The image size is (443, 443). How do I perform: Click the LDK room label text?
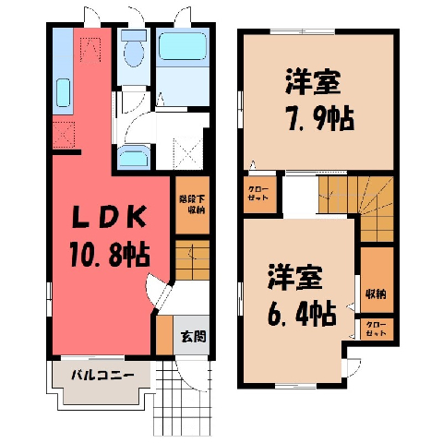pyautogui.click(x=109, y=217)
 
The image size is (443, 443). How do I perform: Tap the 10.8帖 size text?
pyautogui.click(x=110, y=255)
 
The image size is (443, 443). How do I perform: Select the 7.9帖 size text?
pyautogui.click(x=321, y=118)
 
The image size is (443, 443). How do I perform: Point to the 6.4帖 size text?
pyautogui.click(x=302, y=314)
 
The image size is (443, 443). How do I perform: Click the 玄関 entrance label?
pyautogui.click(x=193, y=336)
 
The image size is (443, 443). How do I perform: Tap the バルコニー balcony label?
pyautogui.click(x=103, y=376)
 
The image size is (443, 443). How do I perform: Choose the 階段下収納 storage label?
pyautogui.click(x=192, y=204)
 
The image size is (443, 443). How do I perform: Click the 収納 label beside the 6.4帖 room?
pyautogui.click(x=376, y=294)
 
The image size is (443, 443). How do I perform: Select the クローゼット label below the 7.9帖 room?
pyautogui.click(x=258, y=194)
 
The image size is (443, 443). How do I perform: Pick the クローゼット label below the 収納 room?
pyautogui.click(x=377, y=329)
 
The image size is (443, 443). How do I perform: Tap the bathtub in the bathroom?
pyautogui.click(x=183, y=46)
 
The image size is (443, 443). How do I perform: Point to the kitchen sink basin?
pyautogui.click(x=64, y=92)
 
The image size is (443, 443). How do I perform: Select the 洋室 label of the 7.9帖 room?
pyautogui.click(x=314, y=81)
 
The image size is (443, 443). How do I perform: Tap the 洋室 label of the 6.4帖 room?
pyautogui.click(x=295, y=277)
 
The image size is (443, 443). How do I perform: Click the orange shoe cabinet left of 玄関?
pyautogui.click(x=164, y=335)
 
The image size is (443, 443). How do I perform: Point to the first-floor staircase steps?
pyautogui.click(x=193, y=260)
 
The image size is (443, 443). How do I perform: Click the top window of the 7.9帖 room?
pyautogui.click(x=303, y=31)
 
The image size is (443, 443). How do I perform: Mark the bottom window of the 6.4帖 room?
pyautogui.click(x=295, y=386)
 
